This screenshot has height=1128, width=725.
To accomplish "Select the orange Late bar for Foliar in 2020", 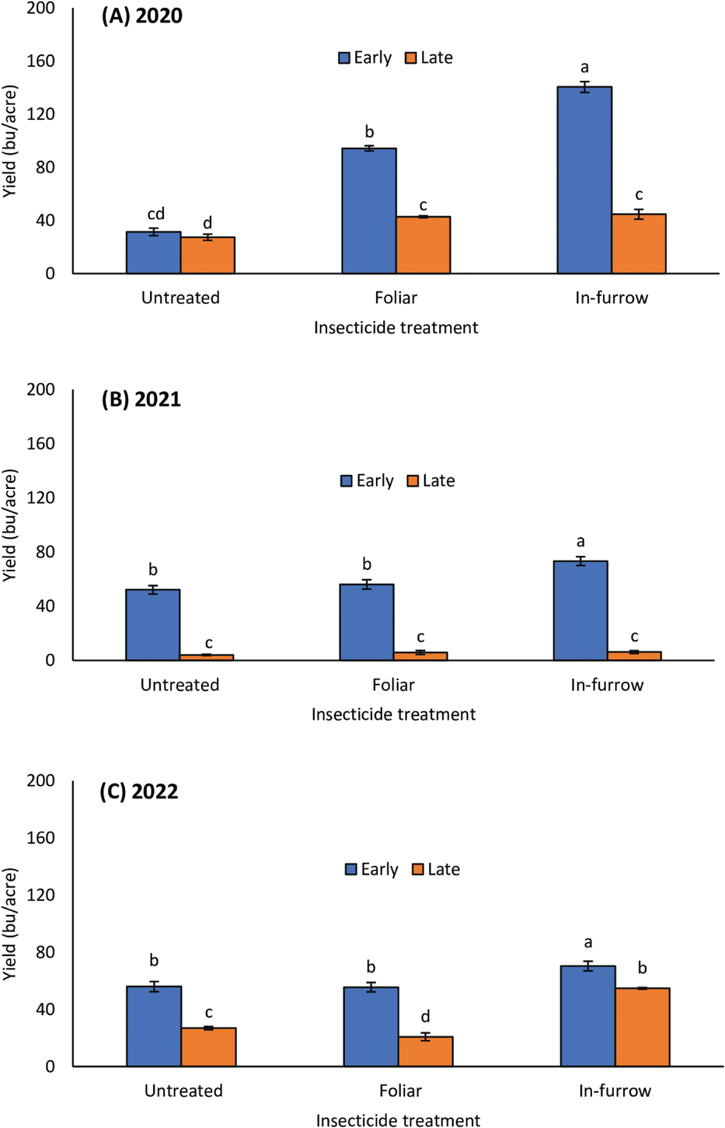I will [423, 245].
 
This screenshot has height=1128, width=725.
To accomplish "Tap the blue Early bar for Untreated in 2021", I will [153, 625].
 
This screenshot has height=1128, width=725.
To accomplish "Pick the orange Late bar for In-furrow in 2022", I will [642, 1027].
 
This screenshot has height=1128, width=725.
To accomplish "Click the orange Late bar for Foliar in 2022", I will [425, 1051].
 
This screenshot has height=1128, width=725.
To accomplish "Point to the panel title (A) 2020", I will [141, 16].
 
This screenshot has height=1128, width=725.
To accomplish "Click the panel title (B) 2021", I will [141, 400].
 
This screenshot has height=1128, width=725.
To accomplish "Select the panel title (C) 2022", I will [138, 791].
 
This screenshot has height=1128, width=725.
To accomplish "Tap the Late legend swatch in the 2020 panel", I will [411, 58].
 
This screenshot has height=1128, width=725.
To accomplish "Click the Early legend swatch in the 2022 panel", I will [351, 869].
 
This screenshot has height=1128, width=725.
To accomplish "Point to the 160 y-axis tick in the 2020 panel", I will [40, 61].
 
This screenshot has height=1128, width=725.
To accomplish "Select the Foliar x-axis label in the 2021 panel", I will [393, 685].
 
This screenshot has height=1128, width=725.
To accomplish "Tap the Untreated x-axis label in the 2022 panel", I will [183, 1091].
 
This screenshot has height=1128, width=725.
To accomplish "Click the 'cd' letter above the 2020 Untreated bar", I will [155, 214].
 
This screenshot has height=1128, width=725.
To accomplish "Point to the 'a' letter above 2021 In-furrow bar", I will [580, 541].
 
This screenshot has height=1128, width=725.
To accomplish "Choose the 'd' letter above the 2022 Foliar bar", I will [425, 1016].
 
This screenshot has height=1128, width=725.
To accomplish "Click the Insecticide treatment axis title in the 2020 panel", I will [396, 328].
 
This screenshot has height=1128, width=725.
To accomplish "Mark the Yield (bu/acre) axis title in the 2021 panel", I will [10, 525].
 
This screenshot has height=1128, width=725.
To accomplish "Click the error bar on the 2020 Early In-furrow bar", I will [584, 87].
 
